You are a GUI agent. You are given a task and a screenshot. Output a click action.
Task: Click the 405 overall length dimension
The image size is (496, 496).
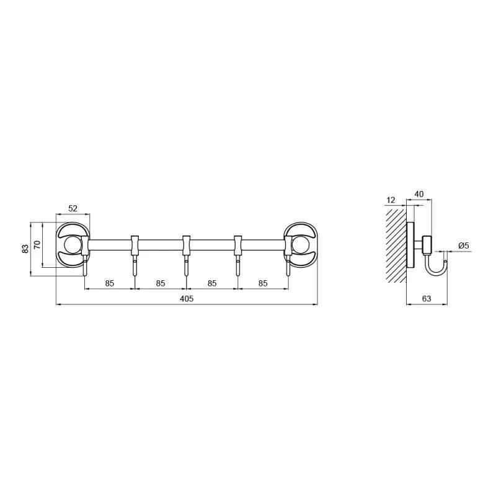(187, 299)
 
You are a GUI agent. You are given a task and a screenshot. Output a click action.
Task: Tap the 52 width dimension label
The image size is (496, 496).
(73, 208)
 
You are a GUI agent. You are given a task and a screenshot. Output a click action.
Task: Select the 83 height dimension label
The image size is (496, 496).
(25, 249)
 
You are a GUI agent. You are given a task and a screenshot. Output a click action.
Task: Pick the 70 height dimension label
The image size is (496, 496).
(37, 245)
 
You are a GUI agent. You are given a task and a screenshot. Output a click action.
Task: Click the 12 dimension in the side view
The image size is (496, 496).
(391, 200)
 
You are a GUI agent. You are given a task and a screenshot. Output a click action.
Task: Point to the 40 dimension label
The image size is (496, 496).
(419, 194)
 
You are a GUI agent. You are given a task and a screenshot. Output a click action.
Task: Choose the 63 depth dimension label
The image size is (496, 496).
(427, 299)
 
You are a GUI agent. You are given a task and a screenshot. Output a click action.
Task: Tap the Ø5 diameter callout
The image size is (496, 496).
(463, 245)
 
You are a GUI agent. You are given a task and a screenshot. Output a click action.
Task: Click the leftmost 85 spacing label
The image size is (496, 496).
(110, 283)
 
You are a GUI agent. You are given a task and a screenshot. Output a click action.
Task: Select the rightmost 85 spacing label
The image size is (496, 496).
(263, 283)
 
